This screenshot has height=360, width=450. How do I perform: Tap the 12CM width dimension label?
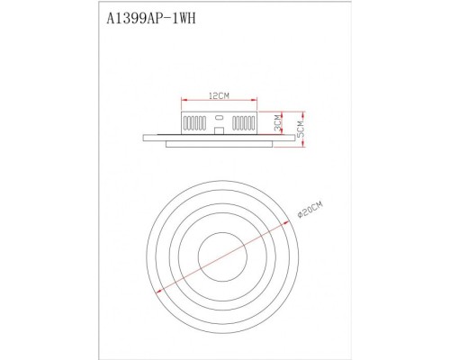point(220,94)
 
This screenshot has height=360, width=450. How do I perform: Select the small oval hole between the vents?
point(220,118)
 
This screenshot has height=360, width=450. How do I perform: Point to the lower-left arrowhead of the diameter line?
point(155,289)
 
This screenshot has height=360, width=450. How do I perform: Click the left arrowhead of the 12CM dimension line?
point(184,100)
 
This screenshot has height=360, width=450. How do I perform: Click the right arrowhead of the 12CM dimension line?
point(257,100)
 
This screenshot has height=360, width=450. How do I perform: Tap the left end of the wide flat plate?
point(145,137)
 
